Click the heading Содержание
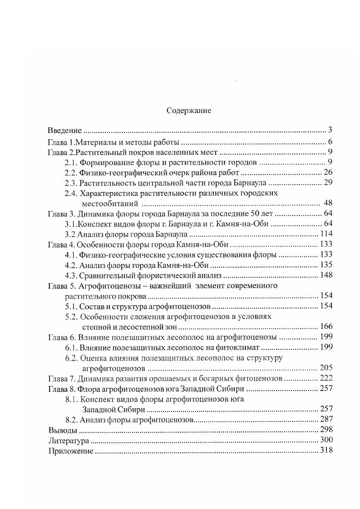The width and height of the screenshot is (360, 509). [x=189, y=110]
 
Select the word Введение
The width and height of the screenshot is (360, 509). [x=64, y=130]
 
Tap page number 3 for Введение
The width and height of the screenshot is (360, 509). [x=330, y=130]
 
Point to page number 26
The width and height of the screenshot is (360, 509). [x=329, y=172]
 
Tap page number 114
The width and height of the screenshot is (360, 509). [x=326, y=234]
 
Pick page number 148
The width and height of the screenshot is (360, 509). [x=326, y=275]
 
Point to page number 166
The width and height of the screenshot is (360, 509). [x=326, y=326]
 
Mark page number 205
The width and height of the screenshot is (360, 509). [x=326, y=367]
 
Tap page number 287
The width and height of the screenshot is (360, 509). [x=326, y=419]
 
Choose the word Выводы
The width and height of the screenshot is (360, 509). [x=62, y=430]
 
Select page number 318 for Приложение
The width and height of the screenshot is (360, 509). [x=326, y=450]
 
